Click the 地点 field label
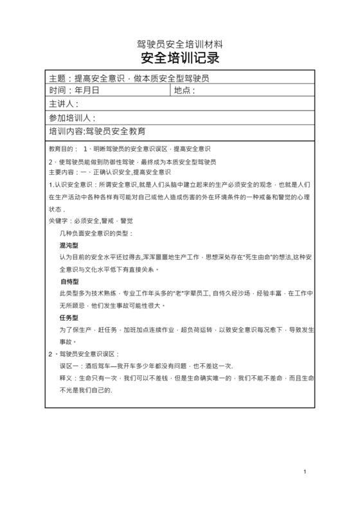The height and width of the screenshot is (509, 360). pos(183,91)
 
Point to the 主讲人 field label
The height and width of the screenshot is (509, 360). pos(63,104)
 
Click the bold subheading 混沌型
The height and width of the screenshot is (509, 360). pos(69,246)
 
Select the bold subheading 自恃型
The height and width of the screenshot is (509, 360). pos(69,282)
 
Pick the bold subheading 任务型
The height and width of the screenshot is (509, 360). pos(69,318)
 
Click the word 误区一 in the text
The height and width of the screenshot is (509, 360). pos(69,365)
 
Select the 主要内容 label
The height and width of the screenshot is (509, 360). pos(63,173)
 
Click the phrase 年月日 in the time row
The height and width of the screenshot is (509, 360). pos(87,91)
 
